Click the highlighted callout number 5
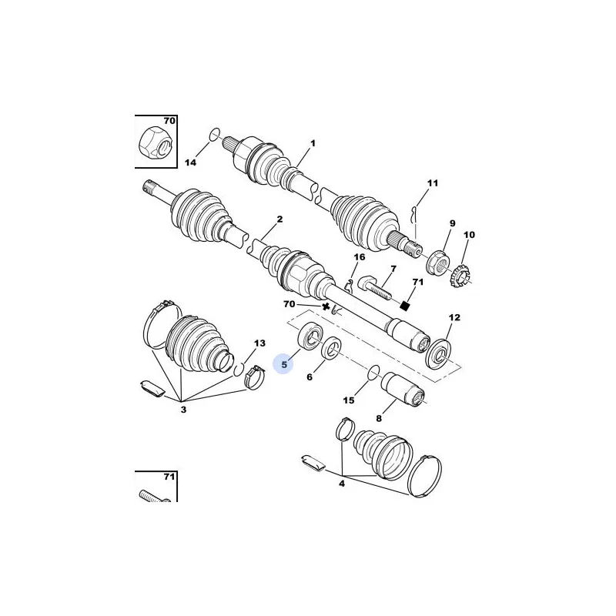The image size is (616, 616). click(284, 364)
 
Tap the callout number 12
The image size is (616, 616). click(454, 317)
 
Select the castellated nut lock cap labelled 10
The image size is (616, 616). click(460, 276)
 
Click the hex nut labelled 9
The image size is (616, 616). click(436, 263)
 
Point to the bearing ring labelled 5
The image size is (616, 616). click(310, 336)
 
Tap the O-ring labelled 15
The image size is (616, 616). click(373, 373)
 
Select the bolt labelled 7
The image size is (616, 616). click(374, 288)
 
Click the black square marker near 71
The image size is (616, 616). click(405, 305)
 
